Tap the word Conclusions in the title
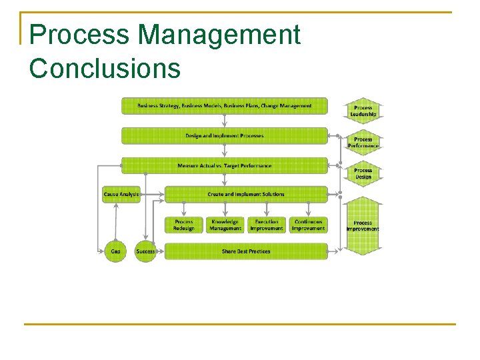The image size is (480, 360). pyautogui.click(x=105, y=68)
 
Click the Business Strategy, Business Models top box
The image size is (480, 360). pyautogui.click(x=225, y=106)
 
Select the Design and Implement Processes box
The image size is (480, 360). pyautogui.click(x=225, y=136)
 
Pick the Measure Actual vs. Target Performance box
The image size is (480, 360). pyautogui.click(x=225, y=165)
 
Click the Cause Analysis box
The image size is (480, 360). pyautogui.click(x=121, y=195)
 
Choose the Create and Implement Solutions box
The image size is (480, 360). pyautogui.click(x=245, y=195)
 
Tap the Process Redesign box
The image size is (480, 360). pyautogui.click(x=184, y=225)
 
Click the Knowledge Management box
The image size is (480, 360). pyautogui.click(x=225, y=225)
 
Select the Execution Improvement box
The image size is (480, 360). pyautogui.click(x=267, y=225)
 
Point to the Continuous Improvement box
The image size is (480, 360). pyautogui.click(x=308, y=225)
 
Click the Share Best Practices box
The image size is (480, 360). pyautogui.click(x=245, y=251)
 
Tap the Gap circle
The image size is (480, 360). pyautogui.click(x=115, y=251)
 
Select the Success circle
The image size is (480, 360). pyautogui.click(x=145, y=251)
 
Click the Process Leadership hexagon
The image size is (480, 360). pyautogui.click(x=363, y=111)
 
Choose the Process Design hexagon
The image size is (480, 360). pyautogui.click(x=363, y=173)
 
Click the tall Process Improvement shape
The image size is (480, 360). pyautogui.click(x=363, y=225)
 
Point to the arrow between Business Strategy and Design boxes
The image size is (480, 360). pyautogui.click(x=225, y=121)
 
